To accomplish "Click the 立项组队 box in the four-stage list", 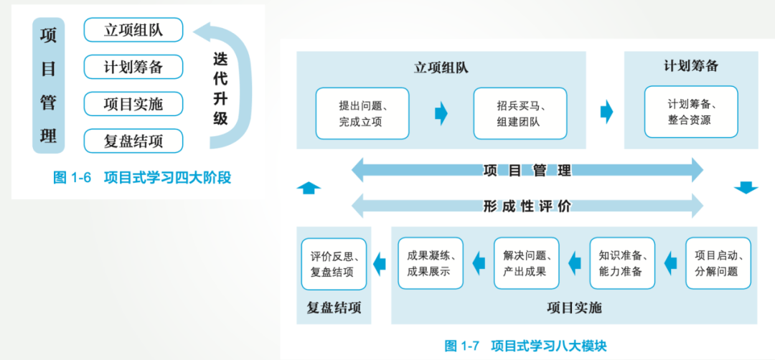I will tap(133, 30).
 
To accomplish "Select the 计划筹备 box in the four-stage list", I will tap(133, 67).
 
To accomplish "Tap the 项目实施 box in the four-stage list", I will tap(133, 104).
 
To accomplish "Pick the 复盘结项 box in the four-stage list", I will tap(133, 141).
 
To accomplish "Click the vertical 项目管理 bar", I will tap(48, 85).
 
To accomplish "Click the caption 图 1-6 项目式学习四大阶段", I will tap(142, 178).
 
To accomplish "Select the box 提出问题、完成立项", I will tap(362, 113).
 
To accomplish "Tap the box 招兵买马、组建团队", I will tap(520, 113).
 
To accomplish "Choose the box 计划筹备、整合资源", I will tap(691, 112).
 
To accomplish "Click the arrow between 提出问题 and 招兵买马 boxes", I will tap(441, 113).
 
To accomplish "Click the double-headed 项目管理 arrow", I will tap(527, 171).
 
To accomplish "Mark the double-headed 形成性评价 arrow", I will tap(527, 206).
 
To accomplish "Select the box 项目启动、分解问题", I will tap(718, 263).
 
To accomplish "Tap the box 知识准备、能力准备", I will tap(623, 263).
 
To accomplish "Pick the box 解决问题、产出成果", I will tap(527, 263).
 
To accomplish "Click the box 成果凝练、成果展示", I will tap(431, 263).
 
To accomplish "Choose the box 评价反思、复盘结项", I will tap(334, 264).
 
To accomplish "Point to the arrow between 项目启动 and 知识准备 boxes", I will tap(670, 263).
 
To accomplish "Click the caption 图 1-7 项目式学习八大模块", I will tap(525, 346).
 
